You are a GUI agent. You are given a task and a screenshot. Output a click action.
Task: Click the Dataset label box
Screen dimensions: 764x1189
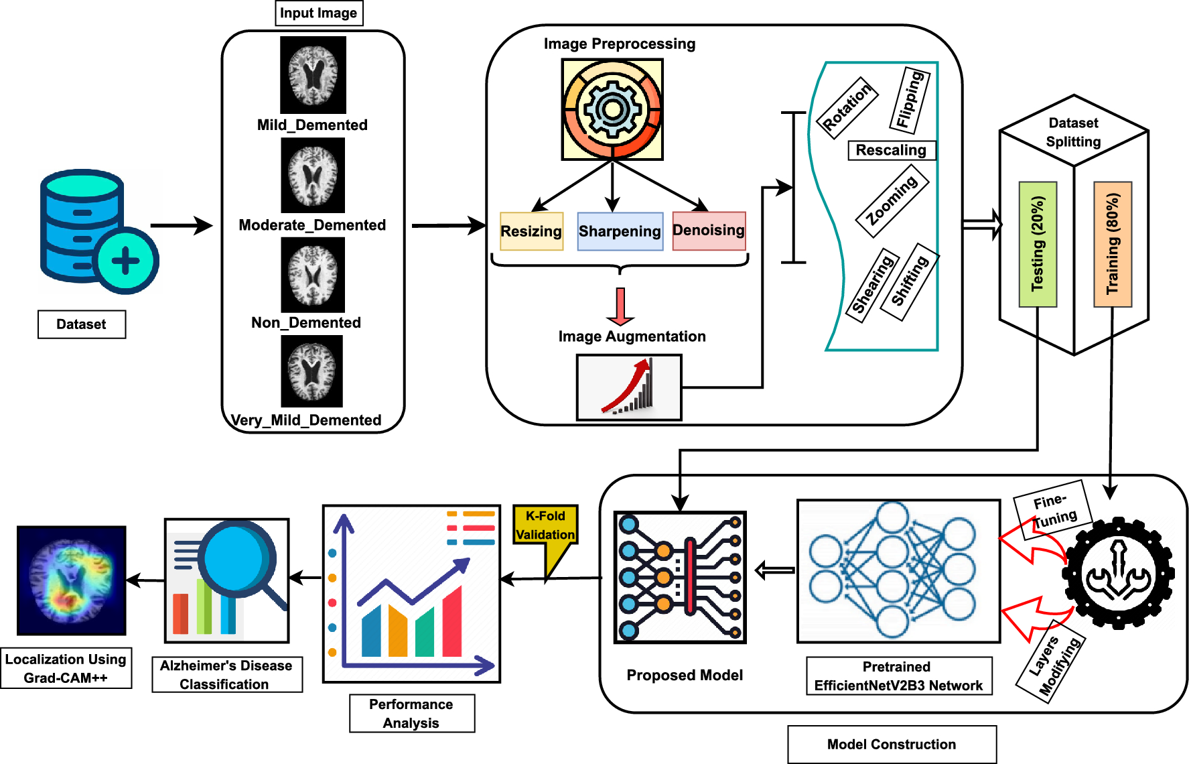click(81, 324)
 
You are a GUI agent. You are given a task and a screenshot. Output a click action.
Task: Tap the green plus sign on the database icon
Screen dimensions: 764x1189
click(125, 261)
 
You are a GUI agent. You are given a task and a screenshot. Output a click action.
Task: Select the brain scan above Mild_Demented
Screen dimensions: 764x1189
click(313, 74)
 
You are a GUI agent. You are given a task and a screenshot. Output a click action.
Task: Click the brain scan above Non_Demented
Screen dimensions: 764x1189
click(313, 275)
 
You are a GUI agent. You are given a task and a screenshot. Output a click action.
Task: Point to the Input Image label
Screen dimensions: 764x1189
click(319, 13)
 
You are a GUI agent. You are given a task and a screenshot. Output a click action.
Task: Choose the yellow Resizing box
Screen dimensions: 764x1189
click(531, 231)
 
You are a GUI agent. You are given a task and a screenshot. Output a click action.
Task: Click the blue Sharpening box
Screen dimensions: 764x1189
click(620, 231)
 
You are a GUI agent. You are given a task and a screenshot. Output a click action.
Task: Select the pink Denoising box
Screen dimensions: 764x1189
click(709, 231)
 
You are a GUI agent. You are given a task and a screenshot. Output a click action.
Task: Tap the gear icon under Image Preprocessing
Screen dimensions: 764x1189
click(612, 109)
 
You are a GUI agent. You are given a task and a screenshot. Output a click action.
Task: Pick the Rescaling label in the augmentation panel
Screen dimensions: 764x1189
click(891, 150)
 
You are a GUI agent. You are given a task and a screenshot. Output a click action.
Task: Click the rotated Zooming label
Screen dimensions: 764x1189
click(892, 200)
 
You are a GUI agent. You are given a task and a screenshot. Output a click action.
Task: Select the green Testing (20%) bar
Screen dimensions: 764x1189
click(1038, 244)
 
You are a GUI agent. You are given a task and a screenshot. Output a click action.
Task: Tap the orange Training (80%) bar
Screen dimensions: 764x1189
click(1113, 244)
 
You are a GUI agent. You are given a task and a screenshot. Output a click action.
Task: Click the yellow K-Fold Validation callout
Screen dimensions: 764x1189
click(545, 525)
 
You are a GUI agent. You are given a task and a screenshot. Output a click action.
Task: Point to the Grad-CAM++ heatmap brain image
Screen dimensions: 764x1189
click(72, 580)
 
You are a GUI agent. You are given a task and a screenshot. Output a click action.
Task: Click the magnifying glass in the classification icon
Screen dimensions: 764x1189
click(238, 558)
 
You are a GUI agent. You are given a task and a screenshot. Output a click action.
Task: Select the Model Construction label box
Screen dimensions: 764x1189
click(892, 744)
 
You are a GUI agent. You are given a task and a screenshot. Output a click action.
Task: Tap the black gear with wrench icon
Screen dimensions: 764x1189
click(1118, 574)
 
